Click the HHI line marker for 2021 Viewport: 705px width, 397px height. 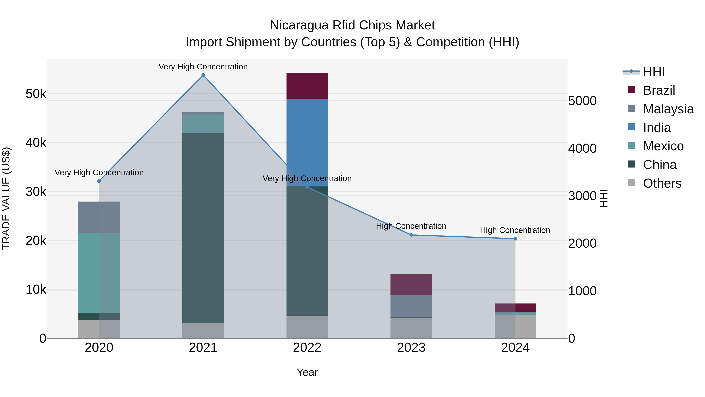[x=203, y=75]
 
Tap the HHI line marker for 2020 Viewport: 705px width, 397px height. [x=99, y=181]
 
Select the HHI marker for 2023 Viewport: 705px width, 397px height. [x=411, y=235]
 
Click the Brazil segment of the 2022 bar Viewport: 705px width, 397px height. [x=307, y=86]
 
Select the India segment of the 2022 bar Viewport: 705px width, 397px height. [x=307, y=143]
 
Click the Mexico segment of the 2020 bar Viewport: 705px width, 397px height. [x=99, y=273]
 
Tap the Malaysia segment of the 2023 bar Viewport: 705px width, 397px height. [x=411, y=306]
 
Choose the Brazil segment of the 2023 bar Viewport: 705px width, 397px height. [x=411, y=284]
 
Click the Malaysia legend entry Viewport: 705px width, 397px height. [x=668, y=109]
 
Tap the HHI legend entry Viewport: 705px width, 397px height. [x=653, y=72]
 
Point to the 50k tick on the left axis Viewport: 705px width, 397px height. [x=36, y=94]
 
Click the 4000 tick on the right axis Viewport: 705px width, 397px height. [x=582, y=148]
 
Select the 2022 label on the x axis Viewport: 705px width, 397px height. [x=307, y=348]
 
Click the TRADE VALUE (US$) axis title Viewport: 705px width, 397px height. [x=6, y=198]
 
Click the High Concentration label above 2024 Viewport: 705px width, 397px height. [x=515, y=230]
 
